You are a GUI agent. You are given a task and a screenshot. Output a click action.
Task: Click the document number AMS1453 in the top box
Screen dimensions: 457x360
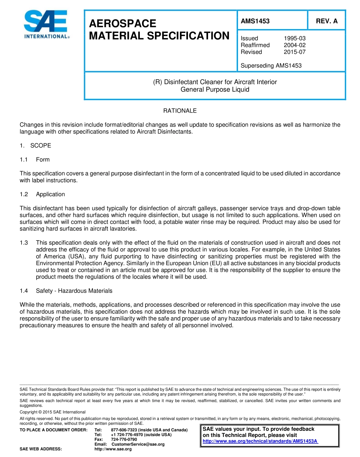point(255,21)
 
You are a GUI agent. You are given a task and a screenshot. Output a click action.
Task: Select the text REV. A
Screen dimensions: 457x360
point(327,21)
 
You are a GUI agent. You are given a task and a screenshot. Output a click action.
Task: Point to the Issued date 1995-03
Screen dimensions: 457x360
point(294,38)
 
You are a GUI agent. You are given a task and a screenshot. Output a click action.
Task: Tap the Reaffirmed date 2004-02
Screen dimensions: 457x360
point(294,45)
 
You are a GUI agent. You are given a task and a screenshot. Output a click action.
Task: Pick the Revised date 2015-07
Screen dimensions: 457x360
point(294,52)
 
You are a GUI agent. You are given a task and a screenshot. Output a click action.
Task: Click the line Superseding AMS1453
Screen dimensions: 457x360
point(271,66)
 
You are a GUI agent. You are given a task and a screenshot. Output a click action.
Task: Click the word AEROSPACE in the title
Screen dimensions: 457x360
point(122,23)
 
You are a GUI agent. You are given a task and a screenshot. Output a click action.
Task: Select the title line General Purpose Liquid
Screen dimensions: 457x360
point(215,89)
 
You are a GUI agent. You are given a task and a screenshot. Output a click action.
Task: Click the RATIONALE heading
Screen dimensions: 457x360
point(180,111)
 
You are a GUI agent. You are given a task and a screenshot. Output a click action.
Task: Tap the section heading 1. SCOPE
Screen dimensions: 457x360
point(35,146)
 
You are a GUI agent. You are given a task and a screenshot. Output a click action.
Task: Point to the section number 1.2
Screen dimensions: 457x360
point(24,194)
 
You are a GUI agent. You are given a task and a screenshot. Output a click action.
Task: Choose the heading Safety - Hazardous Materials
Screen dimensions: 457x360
point(74,291)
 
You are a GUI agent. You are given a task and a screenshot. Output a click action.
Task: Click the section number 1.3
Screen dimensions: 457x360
point(24,243)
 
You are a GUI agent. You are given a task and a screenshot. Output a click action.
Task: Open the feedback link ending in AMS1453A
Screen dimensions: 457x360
point(260,441)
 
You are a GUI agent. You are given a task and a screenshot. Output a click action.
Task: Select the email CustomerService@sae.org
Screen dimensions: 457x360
point(138,444)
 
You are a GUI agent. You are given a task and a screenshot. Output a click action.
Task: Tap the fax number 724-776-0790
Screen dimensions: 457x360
point(124,439)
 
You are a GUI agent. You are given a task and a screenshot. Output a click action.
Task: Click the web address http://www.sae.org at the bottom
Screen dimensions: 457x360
point(113,449)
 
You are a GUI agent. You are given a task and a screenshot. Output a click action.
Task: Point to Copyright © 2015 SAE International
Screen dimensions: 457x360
point(53,412)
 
